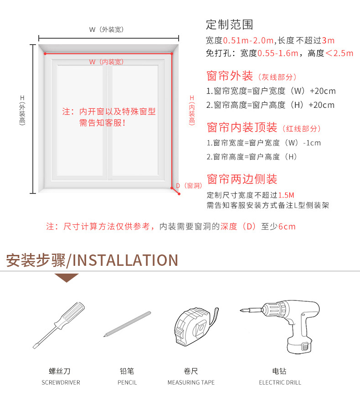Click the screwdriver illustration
(59, 325)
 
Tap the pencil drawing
(127, 324)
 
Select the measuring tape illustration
(195, 326)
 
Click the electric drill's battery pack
(299, 345)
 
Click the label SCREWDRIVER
(61, 383)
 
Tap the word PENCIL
(127, 383)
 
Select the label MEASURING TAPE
(191, 383)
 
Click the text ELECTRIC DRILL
(280, 383)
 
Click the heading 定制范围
(230, 25)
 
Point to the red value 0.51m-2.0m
(248, 41)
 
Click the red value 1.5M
(286, 195)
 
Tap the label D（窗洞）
(189, 186)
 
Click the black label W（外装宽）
(107, 30)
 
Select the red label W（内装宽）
(107, 62)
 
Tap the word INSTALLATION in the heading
(125, 260)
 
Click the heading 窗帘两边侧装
(242, 179)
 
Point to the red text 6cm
(287, 227)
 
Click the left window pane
(80, 121)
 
